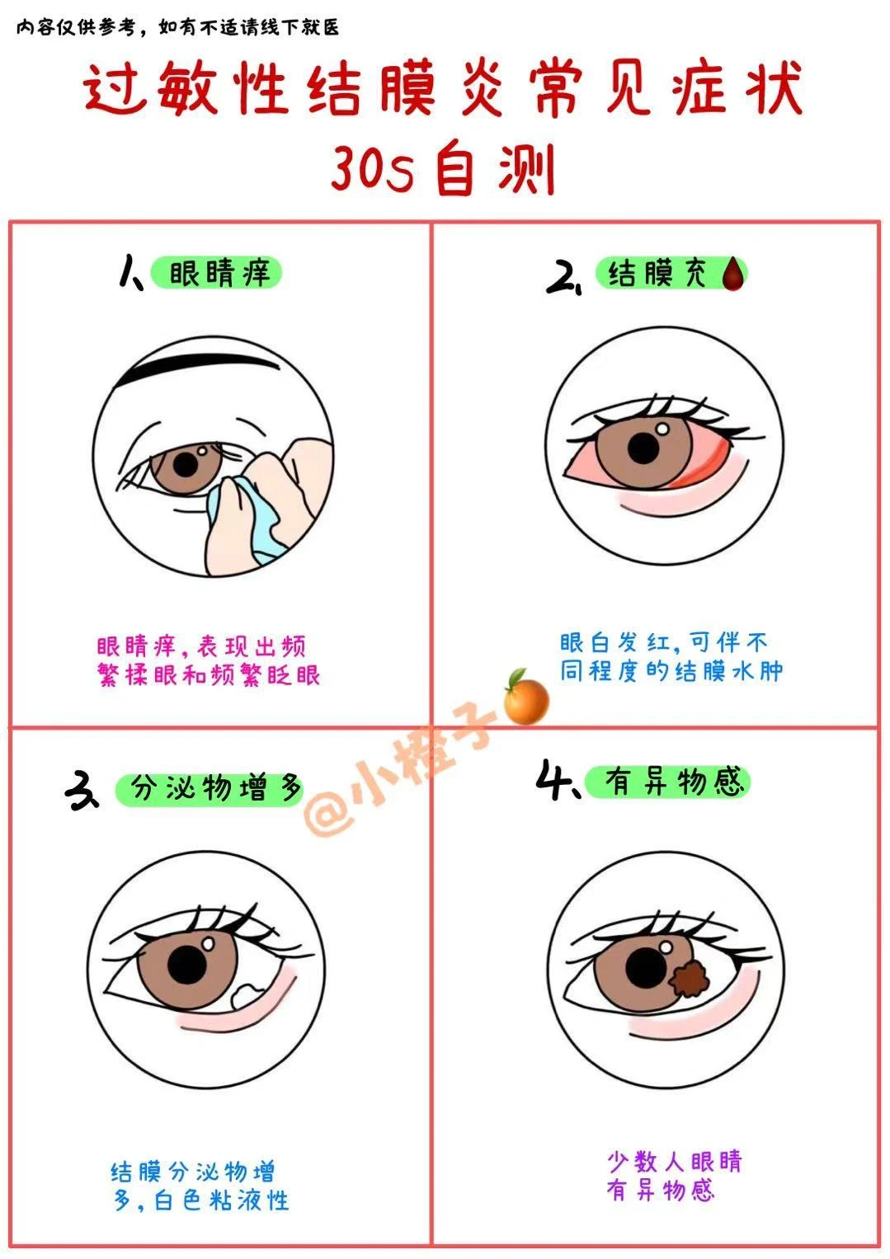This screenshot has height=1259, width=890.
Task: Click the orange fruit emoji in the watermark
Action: pyautogui.click(x=525, y=697)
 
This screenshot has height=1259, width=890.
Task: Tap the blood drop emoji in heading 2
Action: pyautogui.click(x=733, y=274)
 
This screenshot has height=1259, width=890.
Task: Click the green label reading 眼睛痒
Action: pyautogui.click(x=216, y=273)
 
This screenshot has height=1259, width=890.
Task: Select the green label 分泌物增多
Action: pyautogui.click(x=210, y=788)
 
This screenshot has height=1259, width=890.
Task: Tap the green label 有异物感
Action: pyautogui.click(x=667, y=782)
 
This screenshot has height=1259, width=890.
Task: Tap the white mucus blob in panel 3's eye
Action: pyautogui.click(x=245, y=996)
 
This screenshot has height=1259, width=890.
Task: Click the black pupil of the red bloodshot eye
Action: pyautogui.click(x=643, y=448)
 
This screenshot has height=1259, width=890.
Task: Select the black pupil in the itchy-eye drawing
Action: pyautogui.click(x=186, y=464)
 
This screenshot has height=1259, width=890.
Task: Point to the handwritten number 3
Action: pyautogui.click(x=82, y=791)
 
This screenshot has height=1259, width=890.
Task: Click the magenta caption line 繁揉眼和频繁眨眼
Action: pyautogui.click(x=208, y=674)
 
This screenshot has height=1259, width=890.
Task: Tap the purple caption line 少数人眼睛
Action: pyautogui.click(x=675, y=1161)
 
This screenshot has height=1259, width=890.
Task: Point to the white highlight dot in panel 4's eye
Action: pyautogui.click(x=666, y=947)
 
